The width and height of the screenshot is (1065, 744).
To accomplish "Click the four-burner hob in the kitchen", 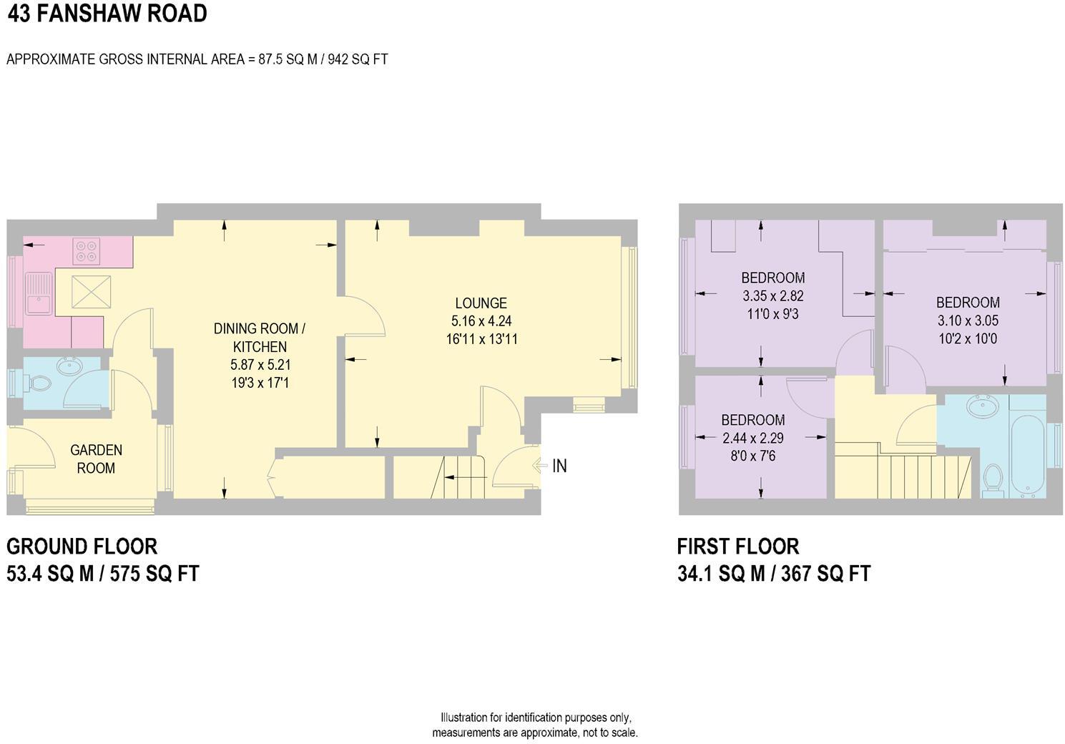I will pyautogui.click(x=87, y=251).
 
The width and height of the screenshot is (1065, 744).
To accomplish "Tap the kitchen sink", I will pyautogui.click(x=38, y=293).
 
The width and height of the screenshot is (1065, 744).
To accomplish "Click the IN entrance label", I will pyautogui.click(x=559, y=466).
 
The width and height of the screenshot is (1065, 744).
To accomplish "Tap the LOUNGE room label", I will pyautogui.click(x=481, y=303).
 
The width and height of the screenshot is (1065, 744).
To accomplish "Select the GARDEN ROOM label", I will pyautogui.click(x=96, y=459).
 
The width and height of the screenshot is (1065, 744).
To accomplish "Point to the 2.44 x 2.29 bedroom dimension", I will pyautogui.click(x=753, y=438).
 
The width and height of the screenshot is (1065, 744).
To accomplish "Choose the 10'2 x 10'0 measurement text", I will pyautogui.click(x=968, y=339).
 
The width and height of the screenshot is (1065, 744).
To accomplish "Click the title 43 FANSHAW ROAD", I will pyautogui.click(x=107, y=14).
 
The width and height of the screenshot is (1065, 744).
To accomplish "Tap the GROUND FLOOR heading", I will pyautogui.click(x=82, y=547).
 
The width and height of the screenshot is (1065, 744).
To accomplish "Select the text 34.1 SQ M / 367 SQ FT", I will pyautogui.click(x=774, y=574).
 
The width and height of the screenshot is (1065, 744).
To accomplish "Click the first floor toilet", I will pyautogui.click(x=992, y=480).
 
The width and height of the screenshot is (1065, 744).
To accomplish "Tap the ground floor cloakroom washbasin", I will pyautogui.click(x=69, y=367).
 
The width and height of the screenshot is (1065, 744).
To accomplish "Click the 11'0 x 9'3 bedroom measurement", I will pyautogui.click(x=772, y=313).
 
